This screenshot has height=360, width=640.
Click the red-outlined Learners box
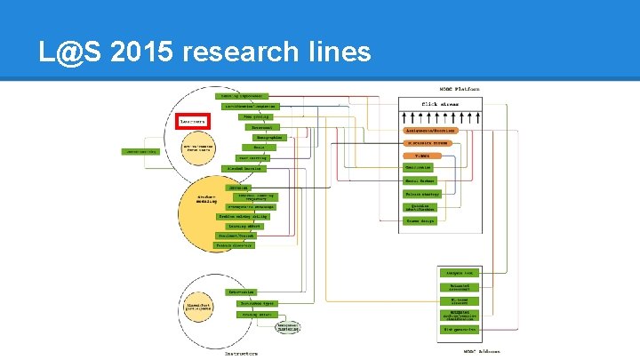[x=193, y=121]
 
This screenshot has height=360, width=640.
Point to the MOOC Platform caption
[x=460, y=89]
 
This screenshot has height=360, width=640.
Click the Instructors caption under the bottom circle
[x=241, y=353]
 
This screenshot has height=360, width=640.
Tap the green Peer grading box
[x=254, y=116]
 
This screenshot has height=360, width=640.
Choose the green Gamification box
[x=418, y=167]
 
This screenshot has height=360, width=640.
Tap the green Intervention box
[x=241, y=292]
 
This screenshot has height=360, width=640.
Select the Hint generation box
[x=460, y=329]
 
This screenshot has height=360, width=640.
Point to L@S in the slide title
[x=61, y=52]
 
